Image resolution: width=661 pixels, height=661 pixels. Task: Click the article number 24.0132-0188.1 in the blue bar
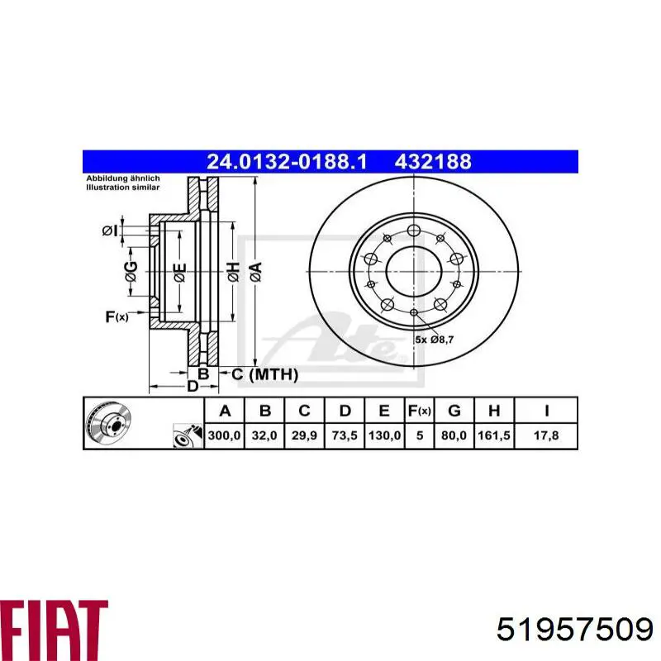[x=287, y=162]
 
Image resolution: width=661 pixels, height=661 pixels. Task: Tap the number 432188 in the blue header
[x=433, y=162]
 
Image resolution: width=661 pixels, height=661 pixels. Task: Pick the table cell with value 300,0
[x=224, y=435]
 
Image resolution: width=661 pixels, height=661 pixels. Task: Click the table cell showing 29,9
[x=304, y=435]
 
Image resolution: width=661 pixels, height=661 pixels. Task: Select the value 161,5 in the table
[x=493, y=435]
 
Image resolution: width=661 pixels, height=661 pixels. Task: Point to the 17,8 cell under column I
[x=546, y=435]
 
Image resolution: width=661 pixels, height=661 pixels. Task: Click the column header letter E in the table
[x=384, y=411]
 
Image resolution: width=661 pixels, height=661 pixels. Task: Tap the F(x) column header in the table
[x=420, y=411]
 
